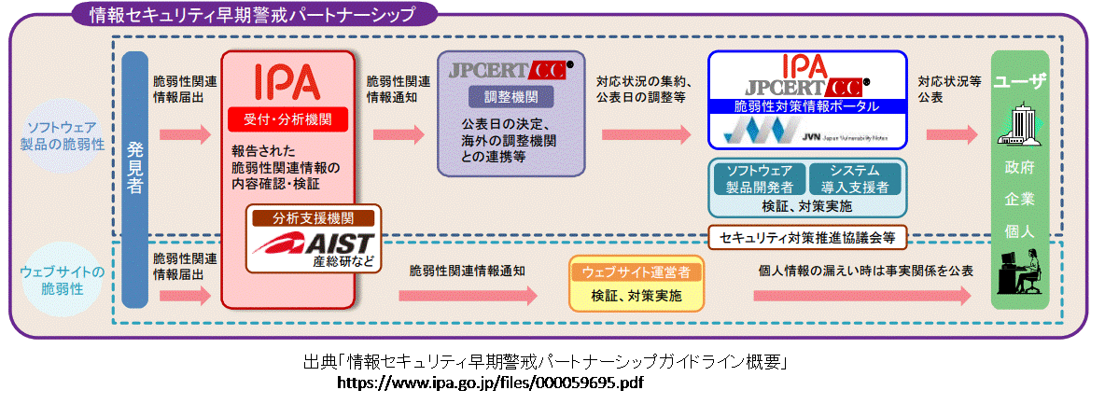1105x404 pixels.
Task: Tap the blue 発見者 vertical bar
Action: (134, 177)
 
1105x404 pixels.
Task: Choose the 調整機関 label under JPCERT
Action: (511, 96)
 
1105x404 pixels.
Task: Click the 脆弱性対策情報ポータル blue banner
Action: (806, 106)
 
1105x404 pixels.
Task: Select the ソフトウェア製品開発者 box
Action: (759, 178)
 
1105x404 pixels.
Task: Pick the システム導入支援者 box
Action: (854, 178)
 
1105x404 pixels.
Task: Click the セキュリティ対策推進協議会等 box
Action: (807, 237)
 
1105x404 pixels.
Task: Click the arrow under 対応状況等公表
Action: (952, 134)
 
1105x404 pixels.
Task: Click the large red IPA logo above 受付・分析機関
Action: (287, 82)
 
